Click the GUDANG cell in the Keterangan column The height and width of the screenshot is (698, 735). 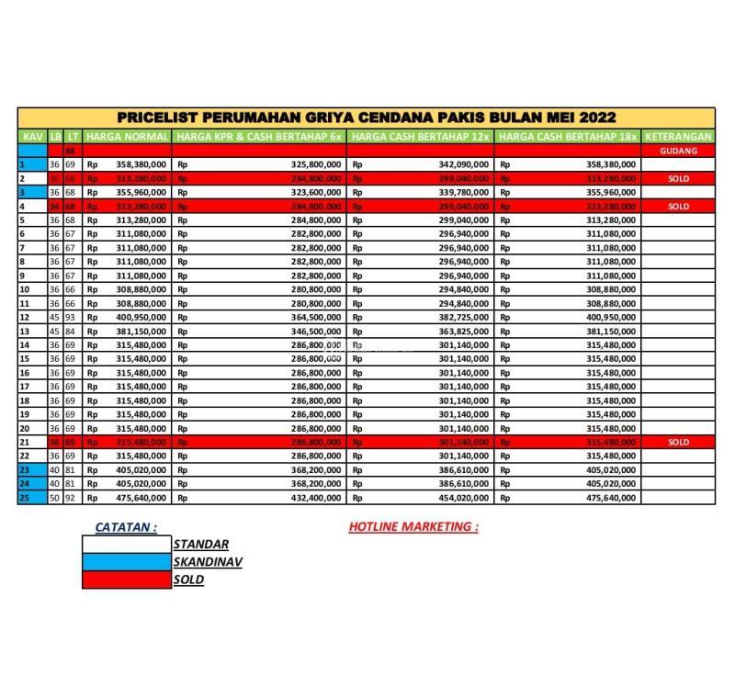678,151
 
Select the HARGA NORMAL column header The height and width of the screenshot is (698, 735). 127,137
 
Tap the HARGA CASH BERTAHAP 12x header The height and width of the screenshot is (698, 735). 421,137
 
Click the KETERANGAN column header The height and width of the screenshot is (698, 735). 679,137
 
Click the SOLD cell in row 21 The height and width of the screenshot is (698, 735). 678,443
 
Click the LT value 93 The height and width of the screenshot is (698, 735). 69,317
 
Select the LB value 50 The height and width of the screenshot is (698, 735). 55,499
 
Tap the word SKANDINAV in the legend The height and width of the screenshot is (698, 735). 208,562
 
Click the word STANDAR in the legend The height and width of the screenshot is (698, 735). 201,545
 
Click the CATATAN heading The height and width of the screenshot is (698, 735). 126,527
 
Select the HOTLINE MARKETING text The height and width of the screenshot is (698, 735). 413,527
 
